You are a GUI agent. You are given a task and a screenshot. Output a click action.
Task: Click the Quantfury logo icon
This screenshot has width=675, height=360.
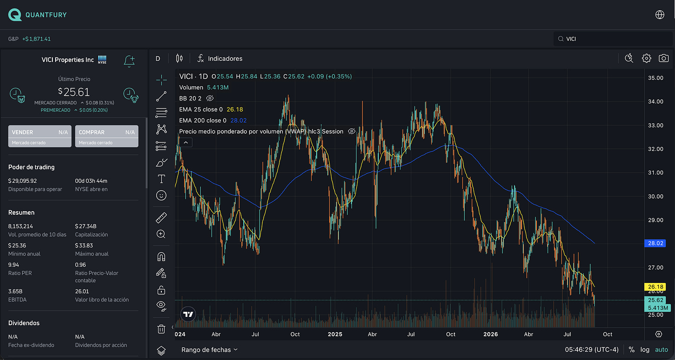(15, 15)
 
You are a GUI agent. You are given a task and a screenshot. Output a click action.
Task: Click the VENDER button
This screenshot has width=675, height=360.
(40, 136)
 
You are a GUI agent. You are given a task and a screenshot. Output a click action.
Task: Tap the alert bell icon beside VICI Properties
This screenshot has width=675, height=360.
(129, 61)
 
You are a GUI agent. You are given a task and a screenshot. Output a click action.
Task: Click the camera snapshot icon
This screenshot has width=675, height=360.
(663, 58)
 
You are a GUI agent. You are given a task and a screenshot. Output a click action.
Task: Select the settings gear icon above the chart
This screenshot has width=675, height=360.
(646, 58)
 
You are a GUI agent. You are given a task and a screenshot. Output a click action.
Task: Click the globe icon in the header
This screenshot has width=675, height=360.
(660, 14)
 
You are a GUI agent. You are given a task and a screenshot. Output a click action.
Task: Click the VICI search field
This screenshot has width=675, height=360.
(613, 39)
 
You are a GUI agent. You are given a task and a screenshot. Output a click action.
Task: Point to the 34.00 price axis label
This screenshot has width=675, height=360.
(656, 102)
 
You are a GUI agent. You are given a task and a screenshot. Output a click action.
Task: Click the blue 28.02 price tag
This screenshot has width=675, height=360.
(655, 243)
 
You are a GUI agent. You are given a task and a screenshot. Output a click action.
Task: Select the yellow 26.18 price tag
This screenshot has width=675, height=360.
(655, 287)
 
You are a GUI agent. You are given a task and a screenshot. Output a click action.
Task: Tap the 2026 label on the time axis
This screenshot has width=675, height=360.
(490, 334)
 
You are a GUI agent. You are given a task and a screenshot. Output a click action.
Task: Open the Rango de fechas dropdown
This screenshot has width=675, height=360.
(210, 350)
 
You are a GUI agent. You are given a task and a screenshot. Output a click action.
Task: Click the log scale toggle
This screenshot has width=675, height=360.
(645, 350)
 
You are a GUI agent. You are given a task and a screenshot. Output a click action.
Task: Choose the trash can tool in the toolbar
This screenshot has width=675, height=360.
(161, 328)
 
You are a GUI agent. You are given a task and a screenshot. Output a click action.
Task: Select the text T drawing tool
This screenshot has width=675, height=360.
(161, 179)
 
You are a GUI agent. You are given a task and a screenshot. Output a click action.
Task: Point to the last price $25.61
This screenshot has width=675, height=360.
(74, 92)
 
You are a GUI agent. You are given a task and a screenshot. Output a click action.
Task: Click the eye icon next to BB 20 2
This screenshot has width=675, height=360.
(210, 98)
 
